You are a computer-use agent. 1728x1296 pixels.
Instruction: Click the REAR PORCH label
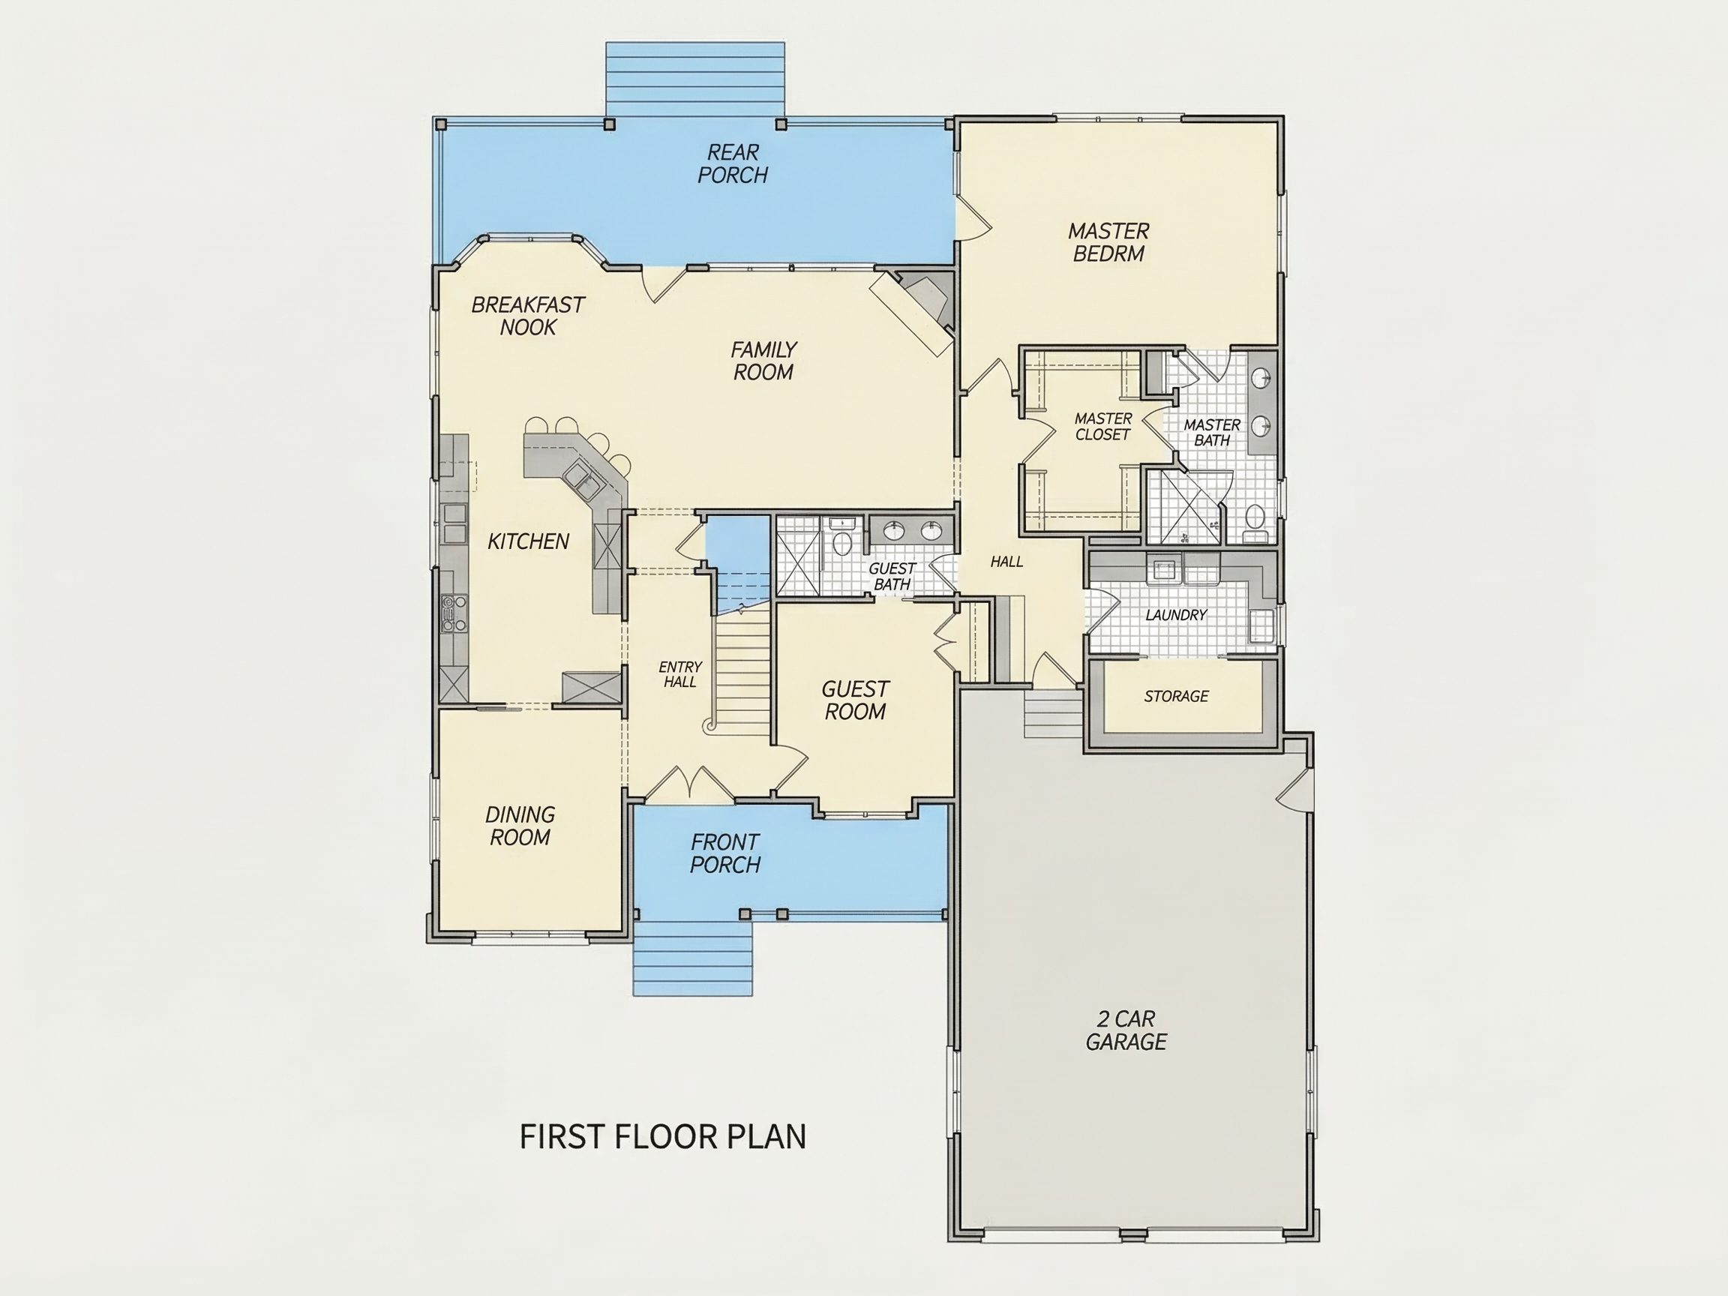[x=733, y=163]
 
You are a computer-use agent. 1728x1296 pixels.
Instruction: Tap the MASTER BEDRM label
[x=1108, y=242]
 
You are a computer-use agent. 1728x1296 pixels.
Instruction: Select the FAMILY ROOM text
[x=763, y=361]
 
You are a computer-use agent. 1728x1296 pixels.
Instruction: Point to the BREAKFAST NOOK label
[x=528, y=316]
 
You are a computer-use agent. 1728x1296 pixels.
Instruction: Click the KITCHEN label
[x=528, y=541]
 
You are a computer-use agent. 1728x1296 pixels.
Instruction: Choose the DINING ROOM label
[x=520, y=826]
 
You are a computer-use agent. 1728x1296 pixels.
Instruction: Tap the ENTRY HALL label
[x=679, y=674]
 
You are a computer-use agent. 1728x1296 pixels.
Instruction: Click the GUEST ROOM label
[x=856, y=700]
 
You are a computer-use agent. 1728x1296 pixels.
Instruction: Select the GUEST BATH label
[x=892, y=577]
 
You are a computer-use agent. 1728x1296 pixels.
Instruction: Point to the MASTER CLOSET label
[x=1103, y=427]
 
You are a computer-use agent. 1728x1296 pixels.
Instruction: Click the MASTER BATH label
[x=1212, y=433]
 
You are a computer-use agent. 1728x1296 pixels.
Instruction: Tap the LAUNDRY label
[x=1176, y=616]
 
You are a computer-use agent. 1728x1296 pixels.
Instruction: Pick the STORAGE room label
[x=1176, y=696]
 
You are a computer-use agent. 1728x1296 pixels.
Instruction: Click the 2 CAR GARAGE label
[x=1126, y=1030]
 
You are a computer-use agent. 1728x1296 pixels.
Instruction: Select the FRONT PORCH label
[x=725, y=853]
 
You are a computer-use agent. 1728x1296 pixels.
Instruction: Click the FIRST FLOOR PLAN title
[x=662, y=1137]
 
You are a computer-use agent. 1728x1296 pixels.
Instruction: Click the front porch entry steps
[x=692, y=958]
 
